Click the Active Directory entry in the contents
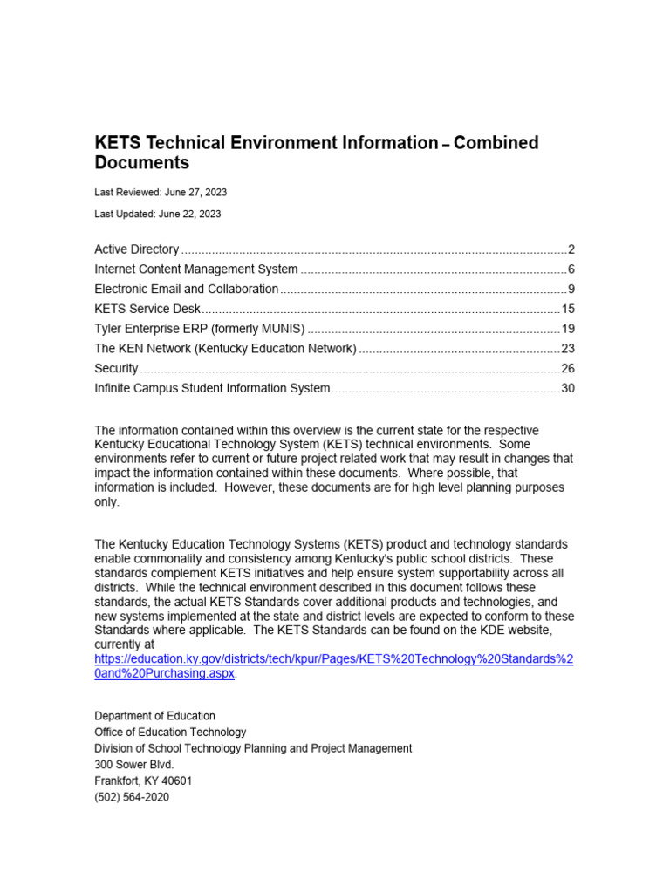[137, 249]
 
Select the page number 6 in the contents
[571, 269]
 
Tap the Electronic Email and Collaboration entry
[187, 290]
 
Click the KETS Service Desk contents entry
[147, 310]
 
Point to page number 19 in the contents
[567, 330]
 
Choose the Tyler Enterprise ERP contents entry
[200, 330]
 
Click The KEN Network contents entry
[225, 349]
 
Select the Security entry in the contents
[116, 369]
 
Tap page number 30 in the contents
[567, 389]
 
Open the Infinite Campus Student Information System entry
[212, 389]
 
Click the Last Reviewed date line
[161, 192]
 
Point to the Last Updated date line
[158, 214]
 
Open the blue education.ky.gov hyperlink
[333, 660]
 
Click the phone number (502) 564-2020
[132, 797]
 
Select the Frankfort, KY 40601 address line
[143, 781]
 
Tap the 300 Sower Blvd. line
[134, 765]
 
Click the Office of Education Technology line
[170, 733]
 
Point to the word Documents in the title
[141, 163]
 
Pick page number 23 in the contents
[567, 349]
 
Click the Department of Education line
[154, 716]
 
